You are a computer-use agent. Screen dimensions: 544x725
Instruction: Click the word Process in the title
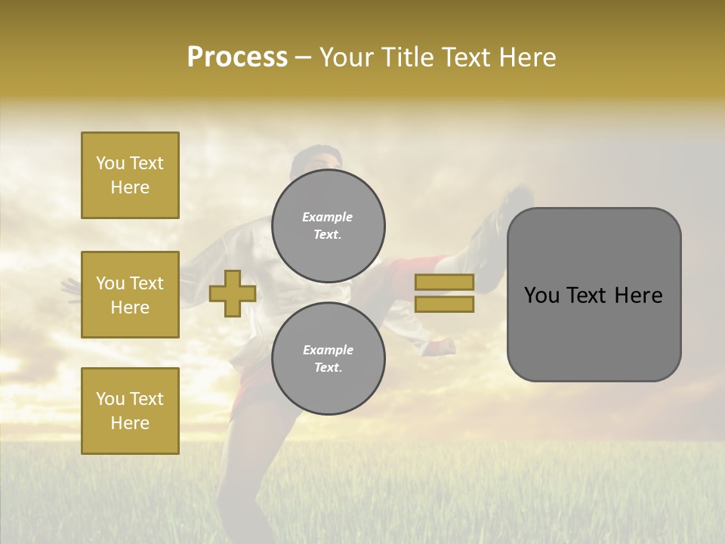point(237,57)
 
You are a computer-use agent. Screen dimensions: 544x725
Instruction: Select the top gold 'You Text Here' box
point(130,175)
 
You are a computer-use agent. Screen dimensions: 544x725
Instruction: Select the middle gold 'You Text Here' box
point(130,295)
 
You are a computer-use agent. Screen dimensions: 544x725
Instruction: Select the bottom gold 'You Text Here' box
point(130,410)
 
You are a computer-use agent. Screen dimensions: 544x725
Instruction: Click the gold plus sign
point(232,294)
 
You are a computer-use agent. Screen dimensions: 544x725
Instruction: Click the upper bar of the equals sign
point(444,282)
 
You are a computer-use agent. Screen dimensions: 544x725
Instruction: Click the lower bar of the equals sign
point(444,304)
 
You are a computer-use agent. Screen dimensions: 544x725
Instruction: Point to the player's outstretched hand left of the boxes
point(69,287)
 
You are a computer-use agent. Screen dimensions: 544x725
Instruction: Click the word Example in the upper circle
point(328,217)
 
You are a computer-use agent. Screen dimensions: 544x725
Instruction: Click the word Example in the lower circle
point(328,350)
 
